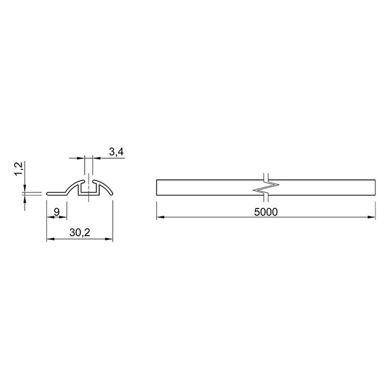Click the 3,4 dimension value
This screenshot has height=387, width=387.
[116, 152]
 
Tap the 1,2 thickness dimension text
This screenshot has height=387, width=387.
[19, 169]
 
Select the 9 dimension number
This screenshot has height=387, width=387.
[57, 212]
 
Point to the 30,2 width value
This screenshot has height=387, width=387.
[80, 232]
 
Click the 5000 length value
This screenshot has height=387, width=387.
[266, 212]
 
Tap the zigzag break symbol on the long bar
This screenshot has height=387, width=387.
[266, 187]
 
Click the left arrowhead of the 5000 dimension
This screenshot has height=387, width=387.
[160, 217]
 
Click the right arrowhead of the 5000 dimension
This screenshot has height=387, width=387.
[372, 217]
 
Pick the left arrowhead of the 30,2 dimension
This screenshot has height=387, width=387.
[51, 239]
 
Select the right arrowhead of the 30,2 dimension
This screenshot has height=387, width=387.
[109, 239]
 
